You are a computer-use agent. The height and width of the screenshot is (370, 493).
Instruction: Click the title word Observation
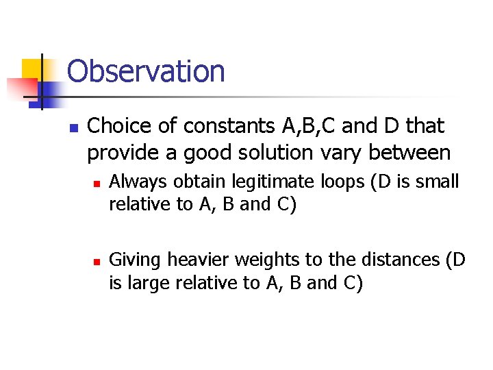click(x=146, y=71)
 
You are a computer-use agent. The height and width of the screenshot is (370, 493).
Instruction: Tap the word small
click(x=439, y=182)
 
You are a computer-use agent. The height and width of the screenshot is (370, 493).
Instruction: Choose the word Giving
click(x=136, y=260)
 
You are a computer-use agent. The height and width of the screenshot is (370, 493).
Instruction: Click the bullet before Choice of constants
click(x=75, y=128)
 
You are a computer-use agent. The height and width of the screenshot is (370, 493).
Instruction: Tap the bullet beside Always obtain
click(x=97, y=184)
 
